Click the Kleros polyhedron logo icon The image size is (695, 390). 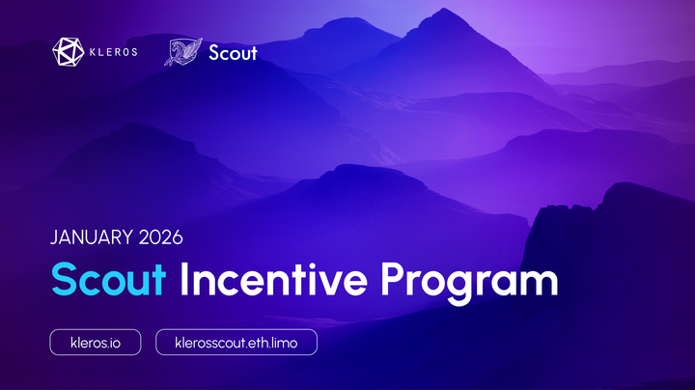tap(68, 51)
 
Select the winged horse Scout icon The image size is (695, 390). tap(183, 51)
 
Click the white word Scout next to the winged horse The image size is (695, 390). tap(233, 52)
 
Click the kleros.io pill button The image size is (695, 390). tap(96, 343)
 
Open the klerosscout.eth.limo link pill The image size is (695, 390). tap(236, 343)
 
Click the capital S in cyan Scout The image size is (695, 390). tap(64, 280)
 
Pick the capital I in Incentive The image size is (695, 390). tap(186, 280)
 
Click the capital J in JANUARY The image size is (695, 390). tap(54, 237)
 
